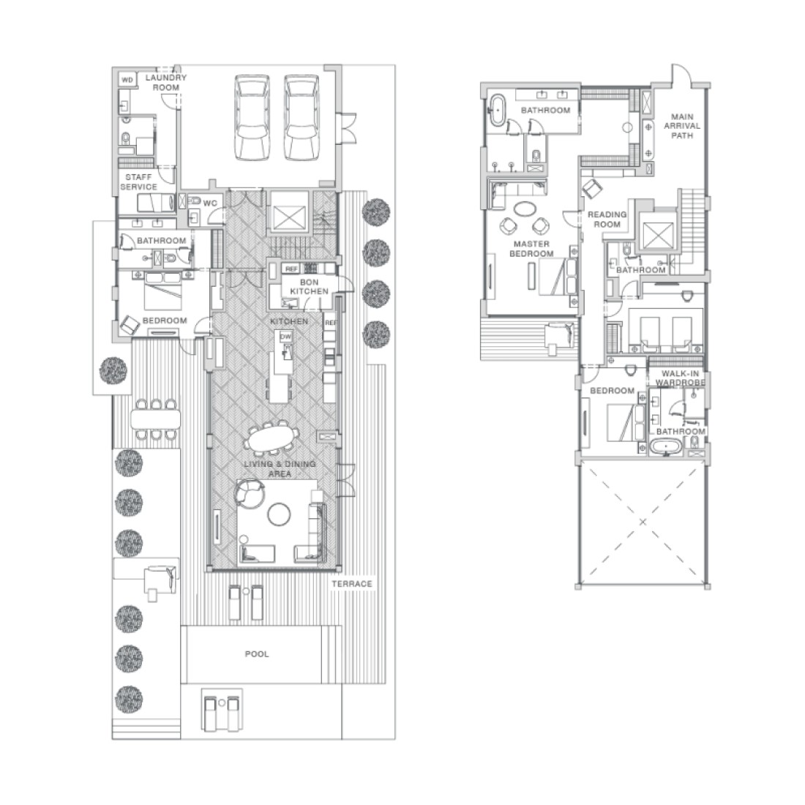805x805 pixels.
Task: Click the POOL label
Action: click(257, 654)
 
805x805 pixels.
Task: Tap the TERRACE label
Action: click(352, 584)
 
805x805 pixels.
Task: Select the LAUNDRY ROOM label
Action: click(166, 82)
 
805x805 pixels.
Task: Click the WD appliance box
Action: click(127, 80)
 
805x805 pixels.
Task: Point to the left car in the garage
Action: click(252, 118)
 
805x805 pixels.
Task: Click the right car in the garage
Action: click(302, 118)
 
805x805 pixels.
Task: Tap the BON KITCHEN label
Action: click(309, 286)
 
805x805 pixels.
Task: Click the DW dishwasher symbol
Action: click(286, 337)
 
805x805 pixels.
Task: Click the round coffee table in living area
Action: click(279, 514)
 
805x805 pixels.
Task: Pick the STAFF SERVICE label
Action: click(138, 181)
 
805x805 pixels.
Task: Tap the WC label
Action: click(210, 203)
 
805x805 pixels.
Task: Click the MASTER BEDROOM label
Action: click(531, 249)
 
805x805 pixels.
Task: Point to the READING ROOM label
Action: click(607, 220)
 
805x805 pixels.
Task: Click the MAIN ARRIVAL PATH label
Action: click(682, 126)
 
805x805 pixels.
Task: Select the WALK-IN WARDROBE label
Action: click(681, 378)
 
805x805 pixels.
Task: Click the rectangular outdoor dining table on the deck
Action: click(156, 419)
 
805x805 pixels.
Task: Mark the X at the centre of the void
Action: click(643, 522)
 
